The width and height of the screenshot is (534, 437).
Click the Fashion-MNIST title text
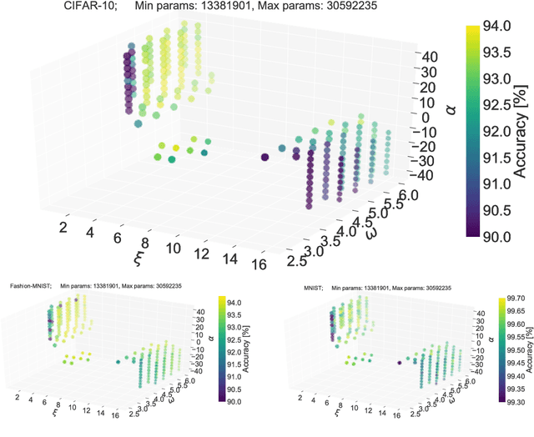click(x=31, y=286)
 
